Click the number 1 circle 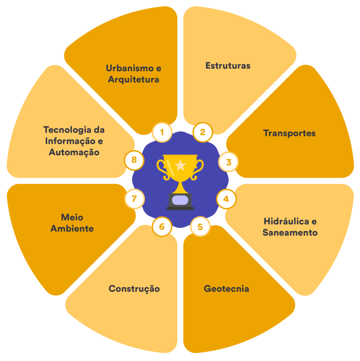click(162, 133)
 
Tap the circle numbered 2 click(203, 133)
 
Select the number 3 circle click(228, 163)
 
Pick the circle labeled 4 click(226, 199)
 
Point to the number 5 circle click(200, 226)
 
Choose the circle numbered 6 click(162, 226)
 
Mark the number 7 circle click(134, 199)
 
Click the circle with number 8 click(134, 160)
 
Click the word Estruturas click(228, 66)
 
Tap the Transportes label click(289, 134)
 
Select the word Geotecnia click(226, 289)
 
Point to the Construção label click(134, 289)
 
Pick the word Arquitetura click(133, 80)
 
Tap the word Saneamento click(290, 233)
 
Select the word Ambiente click(72, 228)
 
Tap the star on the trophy click(180, 164)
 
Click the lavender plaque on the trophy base click(180, 200)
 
